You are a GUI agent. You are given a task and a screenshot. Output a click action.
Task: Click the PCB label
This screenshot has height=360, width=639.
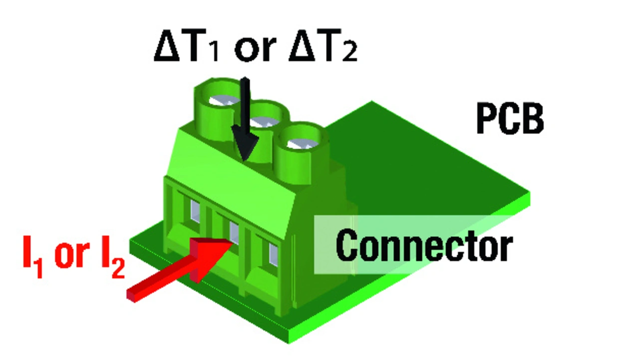[x=510, y=119]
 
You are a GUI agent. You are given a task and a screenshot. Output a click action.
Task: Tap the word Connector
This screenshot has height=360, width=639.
[x=424, y=245]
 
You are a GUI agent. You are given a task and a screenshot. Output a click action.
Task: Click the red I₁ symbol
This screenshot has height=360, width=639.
[x=33, y=258]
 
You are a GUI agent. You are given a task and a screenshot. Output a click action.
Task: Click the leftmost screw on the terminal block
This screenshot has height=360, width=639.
[x=220, y=100]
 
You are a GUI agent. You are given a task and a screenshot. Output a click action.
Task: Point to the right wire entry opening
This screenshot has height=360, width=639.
[x=274, y=253]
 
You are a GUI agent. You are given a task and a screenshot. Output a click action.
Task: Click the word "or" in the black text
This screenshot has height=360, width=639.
[x=255, y=48]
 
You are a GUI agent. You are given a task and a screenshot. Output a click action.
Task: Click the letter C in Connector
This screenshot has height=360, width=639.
[x=347, y=245]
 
